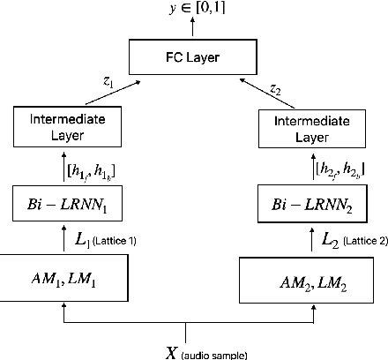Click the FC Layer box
point(194,57)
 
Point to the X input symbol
point(172,352)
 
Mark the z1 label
point(108,79)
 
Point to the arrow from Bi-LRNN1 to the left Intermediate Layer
point(64,165)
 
